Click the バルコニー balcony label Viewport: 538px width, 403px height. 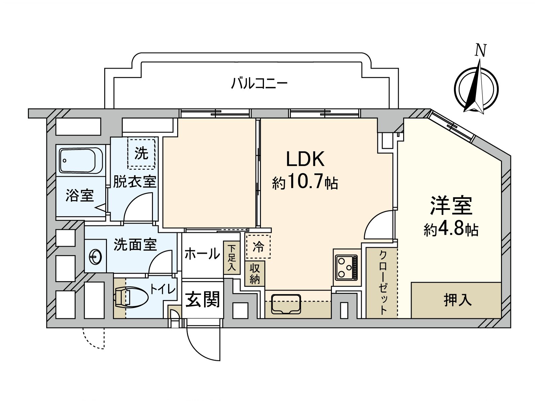tap(259, 83)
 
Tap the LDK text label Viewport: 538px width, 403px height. tap(305, 159)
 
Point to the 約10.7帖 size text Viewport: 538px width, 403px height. tap(305, 183)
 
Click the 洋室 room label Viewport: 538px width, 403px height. tap(451, 205)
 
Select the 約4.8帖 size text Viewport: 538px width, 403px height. tap(451, 230)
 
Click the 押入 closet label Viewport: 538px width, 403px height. tap(458, 300)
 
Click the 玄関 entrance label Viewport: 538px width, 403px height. tap(203, 299)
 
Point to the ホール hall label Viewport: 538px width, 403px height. tap(202, 254)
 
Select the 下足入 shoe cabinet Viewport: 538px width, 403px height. tap(232, 258)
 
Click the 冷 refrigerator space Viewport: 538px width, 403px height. tap(258, 247)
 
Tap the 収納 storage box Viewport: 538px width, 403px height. tap(255, 273)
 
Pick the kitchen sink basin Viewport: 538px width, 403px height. tap(286, 304)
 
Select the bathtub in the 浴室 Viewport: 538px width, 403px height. tap(81, 161)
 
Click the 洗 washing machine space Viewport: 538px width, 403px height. tap(141, 153)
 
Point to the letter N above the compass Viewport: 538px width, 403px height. tap(481, 51)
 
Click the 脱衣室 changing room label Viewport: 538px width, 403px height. tap(134, 182)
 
